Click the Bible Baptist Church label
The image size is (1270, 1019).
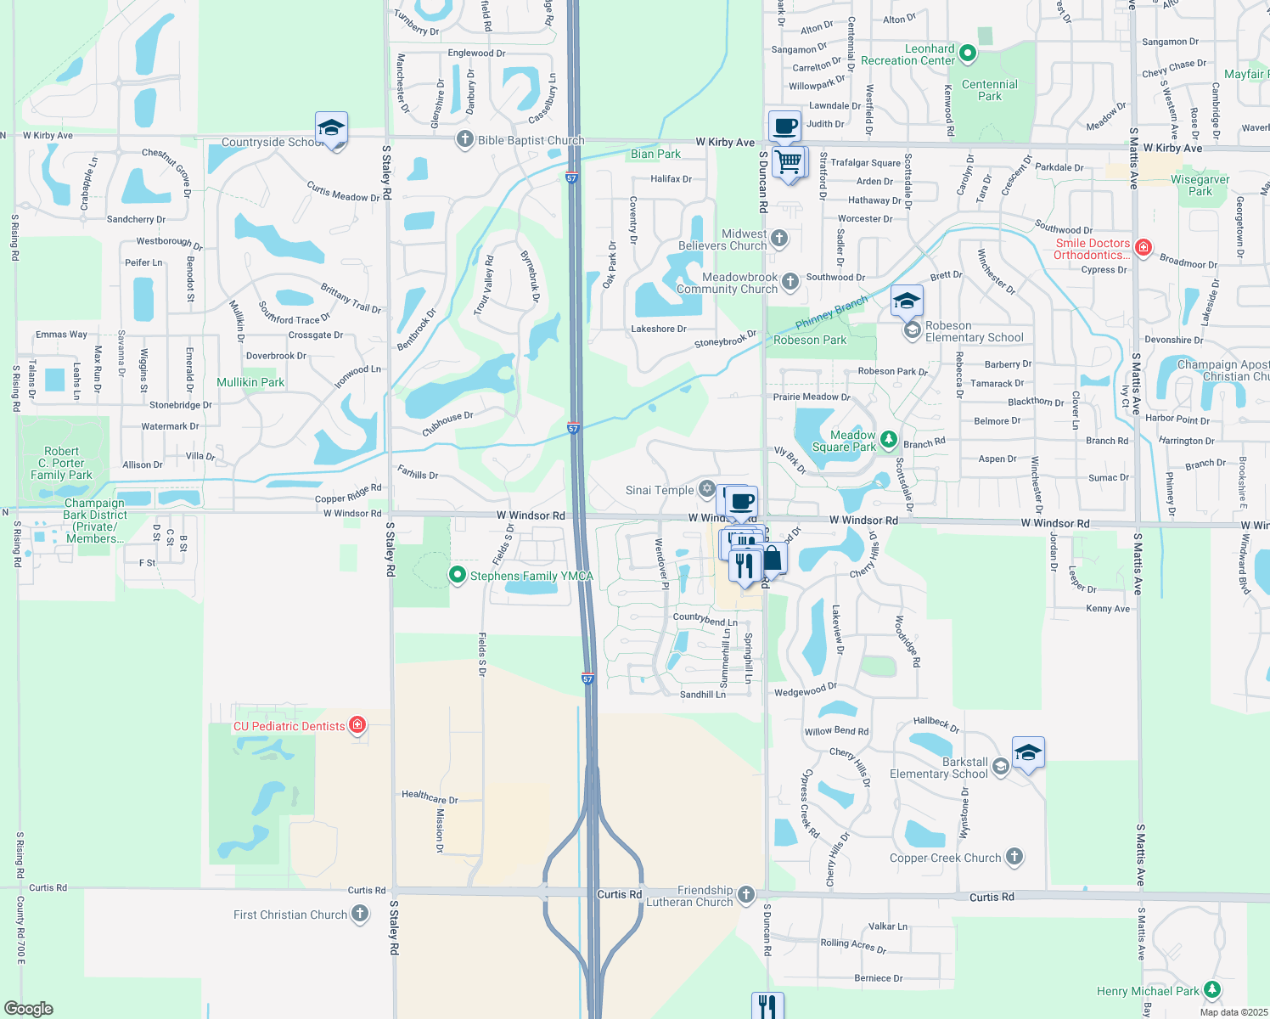(531, 141)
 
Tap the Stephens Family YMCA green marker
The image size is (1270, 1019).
(458, 576)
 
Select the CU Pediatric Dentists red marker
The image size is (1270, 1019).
(357, 725)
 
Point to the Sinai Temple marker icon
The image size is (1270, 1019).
(706, 489)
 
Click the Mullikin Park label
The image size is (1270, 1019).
(250, 383)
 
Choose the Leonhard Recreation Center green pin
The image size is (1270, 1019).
(967, 54)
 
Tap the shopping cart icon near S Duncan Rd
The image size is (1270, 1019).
(790, 160)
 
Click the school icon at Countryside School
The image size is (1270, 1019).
(331, 129)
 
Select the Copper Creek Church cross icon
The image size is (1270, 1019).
(1014, 857)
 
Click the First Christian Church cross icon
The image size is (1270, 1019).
(360, 914)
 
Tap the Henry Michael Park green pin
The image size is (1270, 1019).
(1212, 990)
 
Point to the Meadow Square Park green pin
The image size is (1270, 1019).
(888, 439)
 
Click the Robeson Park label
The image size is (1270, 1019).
(810, 341)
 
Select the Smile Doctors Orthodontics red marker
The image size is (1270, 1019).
(1143, 247)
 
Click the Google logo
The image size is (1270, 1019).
(29, 1009)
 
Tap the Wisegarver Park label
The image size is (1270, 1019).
(1200, 185)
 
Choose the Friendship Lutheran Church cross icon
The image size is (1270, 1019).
(745, 894)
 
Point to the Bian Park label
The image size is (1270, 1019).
(655, 154)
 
